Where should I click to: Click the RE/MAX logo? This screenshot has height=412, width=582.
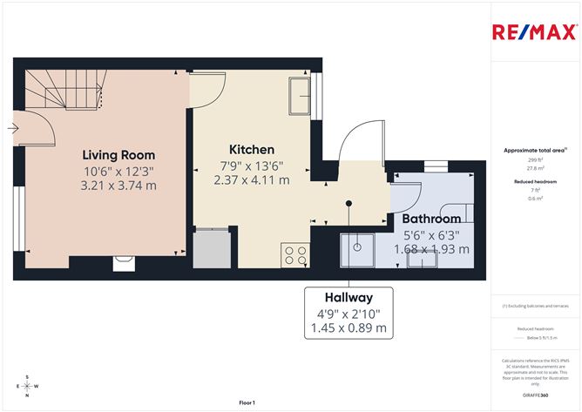click(x=534, y=33)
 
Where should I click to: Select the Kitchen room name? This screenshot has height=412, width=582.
click(x=252, y=150)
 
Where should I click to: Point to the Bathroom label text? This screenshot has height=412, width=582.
click(x=431, y=219)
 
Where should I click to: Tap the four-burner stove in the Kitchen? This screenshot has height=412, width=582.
click(x=294, y=256)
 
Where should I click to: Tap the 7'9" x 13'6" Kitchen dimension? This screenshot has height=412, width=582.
click(x=252, y=165)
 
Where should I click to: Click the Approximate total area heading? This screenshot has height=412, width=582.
click(x=535, y=151)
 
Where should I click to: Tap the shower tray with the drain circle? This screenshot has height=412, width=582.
click(x=358, y=251)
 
